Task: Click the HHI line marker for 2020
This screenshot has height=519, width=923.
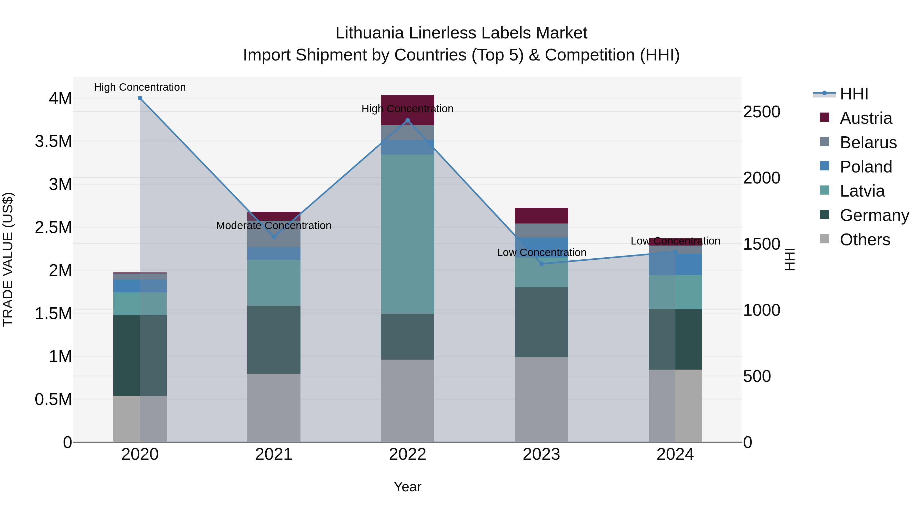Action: pyautogui.click(x=140, y=98)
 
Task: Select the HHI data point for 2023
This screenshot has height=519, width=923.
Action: pyautogui.click(x=541, y=264)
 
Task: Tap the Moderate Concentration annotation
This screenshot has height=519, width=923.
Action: pyautogui.click(x=274, y=226)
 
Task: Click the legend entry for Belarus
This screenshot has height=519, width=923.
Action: pyautogui.click(x=868, y=143)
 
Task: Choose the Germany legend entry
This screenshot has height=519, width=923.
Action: pyautogui.click(x=874, y=215)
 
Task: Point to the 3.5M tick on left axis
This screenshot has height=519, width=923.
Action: pyautogui.click(x=53, y=141)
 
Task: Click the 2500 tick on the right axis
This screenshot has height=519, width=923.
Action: pyautogui.click(x=761, y=112)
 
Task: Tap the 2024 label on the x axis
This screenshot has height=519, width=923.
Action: pyautogui.click(x=675, y=454)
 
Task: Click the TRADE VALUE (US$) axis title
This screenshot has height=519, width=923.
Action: pyautogui.click(x=8, y=259)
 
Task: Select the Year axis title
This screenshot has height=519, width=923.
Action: pyautogui.click(x=407, y=487)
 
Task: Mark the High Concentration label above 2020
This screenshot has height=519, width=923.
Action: pyautogui.click(x=140, y=87)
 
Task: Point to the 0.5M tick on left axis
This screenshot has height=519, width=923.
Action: pyautogui.click(x=53, y=399)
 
